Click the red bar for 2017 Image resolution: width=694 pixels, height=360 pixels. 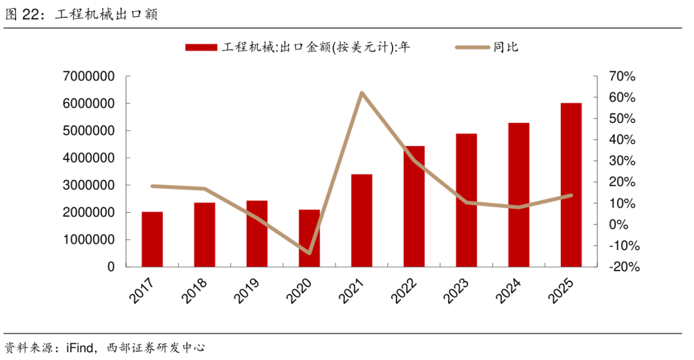152,239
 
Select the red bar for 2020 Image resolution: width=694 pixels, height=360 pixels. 309,239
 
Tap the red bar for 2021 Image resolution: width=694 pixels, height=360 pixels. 362,221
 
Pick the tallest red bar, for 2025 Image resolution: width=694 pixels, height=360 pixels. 571,185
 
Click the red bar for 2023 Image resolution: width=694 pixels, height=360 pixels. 467,200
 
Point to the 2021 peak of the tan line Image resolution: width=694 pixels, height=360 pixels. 362,93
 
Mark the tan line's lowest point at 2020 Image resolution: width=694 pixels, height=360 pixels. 309,253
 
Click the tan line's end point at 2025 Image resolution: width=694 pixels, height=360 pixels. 571,195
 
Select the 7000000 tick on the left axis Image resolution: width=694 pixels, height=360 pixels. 89,76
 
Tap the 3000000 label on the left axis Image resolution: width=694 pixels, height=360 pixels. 89,185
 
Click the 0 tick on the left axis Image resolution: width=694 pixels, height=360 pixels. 111,267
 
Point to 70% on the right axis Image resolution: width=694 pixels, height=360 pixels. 622,76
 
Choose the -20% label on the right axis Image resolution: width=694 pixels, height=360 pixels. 623,267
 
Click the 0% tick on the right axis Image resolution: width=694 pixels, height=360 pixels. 619,224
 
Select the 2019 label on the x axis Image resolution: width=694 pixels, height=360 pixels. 245,291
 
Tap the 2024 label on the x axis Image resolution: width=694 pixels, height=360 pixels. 508,291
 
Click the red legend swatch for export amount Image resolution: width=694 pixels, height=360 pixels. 201,48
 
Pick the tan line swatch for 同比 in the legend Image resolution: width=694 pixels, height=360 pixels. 473,48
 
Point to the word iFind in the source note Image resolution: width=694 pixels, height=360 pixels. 80,348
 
